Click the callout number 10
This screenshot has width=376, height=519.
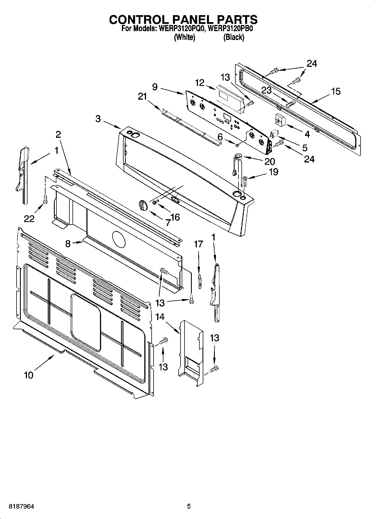(29, 375)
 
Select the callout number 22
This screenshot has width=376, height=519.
(29, 219)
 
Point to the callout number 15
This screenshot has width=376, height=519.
(336, 91)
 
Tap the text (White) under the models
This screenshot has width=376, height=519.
(184, 37)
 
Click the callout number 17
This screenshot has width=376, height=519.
(198, 244)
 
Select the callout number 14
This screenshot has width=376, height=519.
(160, 317)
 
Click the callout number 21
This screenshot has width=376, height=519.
(142, 97)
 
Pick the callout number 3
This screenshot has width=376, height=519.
(98, 119)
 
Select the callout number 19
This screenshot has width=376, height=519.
(274, 172)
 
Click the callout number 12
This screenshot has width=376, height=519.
(200, 83)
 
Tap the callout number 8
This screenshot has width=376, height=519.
(68, 244)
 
